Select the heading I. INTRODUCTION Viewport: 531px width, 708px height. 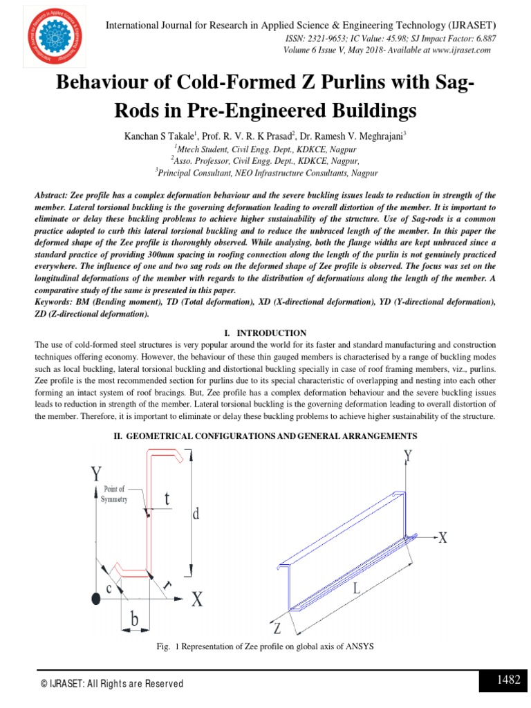point(265,333)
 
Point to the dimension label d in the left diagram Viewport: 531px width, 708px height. point(197,514)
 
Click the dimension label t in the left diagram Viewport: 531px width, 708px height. point(167,499)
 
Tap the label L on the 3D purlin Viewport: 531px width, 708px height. point(356,589)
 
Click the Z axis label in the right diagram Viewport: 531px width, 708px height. point(277,628)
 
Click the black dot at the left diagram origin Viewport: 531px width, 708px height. point(95,597)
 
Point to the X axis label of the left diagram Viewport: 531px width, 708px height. point(196,599)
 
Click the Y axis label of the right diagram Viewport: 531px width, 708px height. point(408,456)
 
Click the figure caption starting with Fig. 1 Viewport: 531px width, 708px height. point(265,646)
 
